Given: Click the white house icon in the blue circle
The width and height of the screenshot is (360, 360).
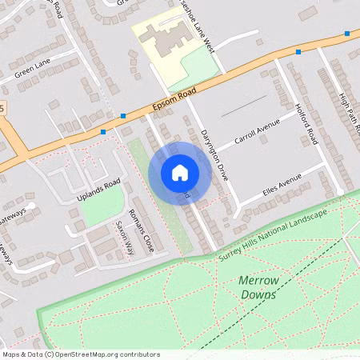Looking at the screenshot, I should point(180,172).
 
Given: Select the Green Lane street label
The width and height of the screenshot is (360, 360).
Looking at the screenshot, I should point(32,70).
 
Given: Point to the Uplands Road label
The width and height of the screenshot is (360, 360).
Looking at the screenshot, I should point(98,187).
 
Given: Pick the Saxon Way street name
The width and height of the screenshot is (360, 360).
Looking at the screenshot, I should point(124,238).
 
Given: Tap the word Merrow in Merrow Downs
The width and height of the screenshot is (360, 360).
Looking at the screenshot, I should point(258,281).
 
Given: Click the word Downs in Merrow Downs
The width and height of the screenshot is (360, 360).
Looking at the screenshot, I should point(258,294).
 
